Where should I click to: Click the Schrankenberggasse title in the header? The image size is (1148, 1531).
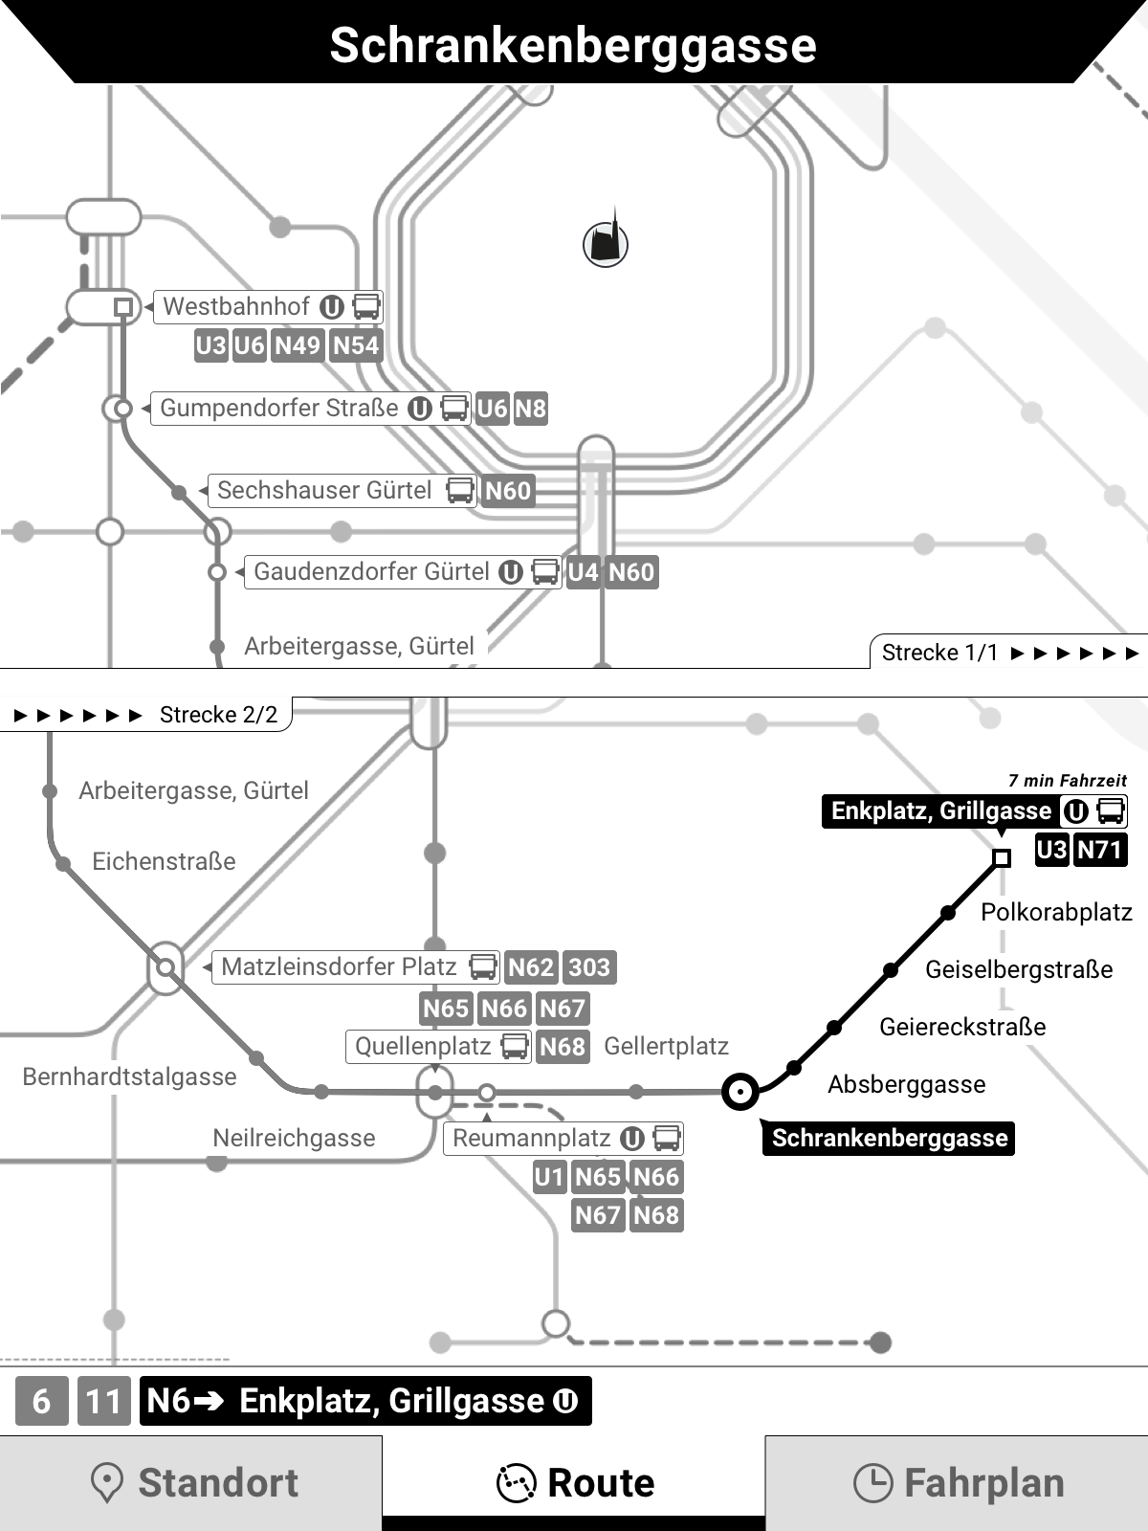tap(573, 45)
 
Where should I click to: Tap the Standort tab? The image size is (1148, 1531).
tap(191, 1482)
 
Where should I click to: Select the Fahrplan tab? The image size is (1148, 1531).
tap(957, 1482)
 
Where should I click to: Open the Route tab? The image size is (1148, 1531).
tap(574, 1482)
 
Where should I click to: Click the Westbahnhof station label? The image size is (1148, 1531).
tap(236, 306)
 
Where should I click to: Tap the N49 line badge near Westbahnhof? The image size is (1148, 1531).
tap(298, 345)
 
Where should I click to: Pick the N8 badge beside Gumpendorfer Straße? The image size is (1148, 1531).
tap(530, 409)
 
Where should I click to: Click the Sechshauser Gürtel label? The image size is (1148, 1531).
tap(324, 490)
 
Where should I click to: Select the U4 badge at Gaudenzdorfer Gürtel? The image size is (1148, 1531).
tap(583, 572)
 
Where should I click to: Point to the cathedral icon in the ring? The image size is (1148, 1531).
tap(606, 243)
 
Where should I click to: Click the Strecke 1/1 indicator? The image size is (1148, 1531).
tap(939, 653)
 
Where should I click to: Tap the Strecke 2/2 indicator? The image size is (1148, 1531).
tap(218, 715)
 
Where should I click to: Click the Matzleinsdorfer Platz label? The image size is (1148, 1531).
tap(339, 966)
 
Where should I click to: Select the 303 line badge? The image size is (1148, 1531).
tap(589, 967)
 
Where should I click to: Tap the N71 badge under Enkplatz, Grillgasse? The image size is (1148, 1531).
tap(1100, 850)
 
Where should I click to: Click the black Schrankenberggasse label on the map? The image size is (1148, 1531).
tap(889, 1138)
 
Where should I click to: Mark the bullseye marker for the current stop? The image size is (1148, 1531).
tap(740, 1091)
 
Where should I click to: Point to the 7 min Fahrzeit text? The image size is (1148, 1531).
tap(1067, 781)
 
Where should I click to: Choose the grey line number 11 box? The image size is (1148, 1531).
tap(103, 1402)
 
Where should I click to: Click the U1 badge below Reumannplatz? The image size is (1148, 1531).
tap(549, 1177)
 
